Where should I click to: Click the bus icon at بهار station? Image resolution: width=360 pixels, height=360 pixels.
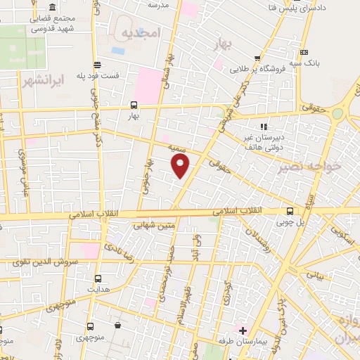coord(134,105)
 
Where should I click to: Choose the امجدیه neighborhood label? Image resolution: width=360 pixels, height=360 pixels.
coord(141,33)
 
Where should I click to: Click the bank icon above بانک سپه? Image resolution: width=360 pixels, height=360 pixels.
coord(304,52)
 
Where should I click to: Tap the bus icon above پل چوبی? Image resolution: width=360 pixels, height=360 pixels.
coord(290,211)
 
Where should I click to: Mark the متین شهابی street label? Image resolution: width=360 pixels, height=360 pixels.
coord(153,225)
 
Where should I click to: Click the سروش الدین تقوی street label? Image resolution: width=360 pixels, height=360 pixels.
coord(46,262)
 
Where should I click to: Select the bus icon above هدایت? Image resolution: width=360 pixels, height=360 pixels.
coord(96,278)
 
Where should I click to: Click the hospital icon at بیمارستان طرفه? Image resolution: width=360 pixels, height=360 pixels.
coord(243,330)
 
